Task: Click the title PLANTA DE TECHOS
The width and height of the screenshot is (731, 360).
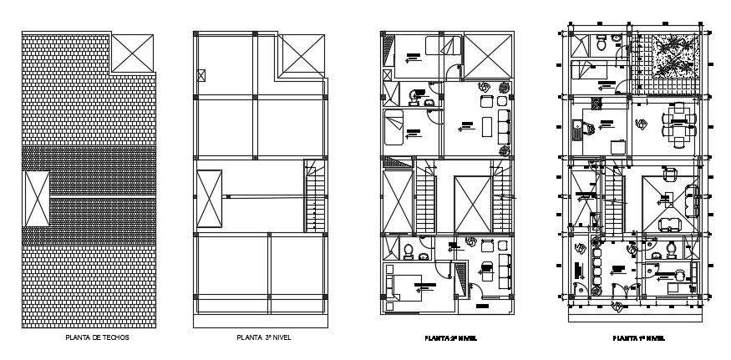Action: tap(97, 338)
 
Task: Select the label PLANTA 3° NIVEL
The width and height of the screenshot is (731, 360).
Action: tap(263, 338)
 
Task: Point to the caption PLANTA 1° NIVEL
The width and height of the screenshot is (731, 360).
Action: tap(638, 338)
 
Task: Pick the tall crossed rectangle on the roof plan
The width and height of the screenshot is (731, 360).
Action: tap(36, 198)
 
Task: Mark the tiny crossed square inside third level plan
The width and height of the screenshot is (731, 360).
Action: tap(202, 76)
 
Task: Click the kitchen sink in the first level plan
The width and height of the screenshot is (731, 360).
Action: tap(578, 129)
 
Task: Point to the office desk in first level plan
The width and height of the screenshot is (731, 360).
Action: tap(672, 284)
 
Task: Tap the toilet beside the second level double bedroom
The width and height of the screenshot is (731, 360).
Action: tap(406, 251)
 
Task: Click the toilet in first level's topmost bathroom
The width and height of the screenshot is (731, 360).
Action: tap(602, 47)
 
